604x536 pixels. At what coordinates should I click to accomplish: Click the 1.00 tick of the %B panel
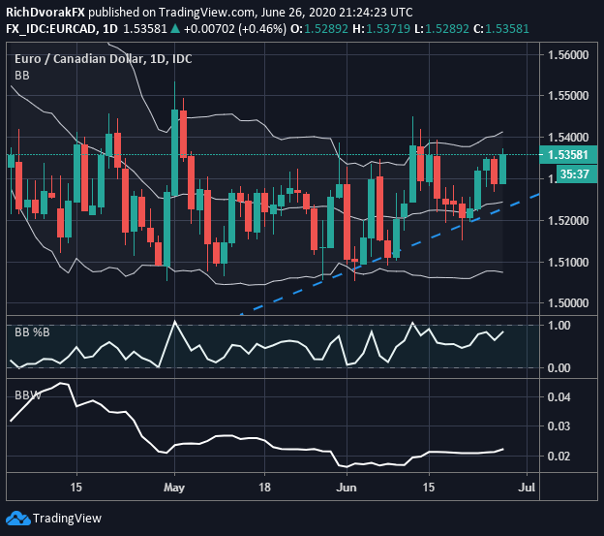click(559, 326)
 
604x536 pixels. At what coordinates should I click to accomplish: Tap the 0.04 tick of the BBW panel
click(559, 397)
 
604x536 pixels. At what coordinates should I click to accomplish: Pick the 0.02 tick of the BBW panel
click(559, 457)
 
